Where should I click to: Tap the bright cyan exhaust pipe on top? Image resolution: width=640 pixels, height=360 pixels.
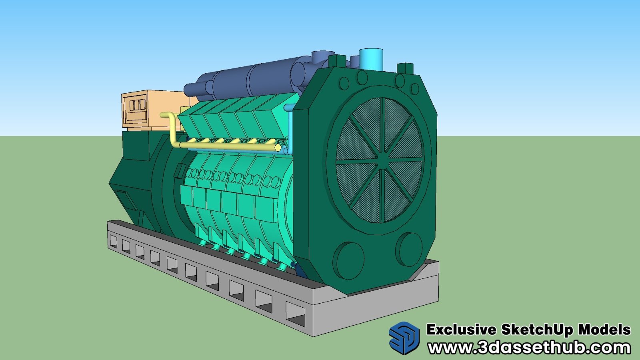tap(371, 60)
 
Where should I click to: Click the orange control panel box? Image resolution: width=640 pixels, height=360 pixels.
tap(152, 110)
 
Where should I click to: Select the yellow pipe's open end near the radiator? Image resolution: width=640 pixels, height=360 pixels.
tap(277, 147)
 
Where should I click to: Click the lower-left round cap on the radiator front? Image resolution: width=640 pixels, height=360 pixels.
tap(349, 260)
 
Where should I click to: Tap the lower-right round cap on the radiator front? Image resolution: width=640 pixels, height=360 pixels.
tap(409, 250)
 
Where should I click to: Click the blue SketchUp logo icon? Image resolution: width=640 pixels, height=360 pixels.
tap(404, 338)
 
